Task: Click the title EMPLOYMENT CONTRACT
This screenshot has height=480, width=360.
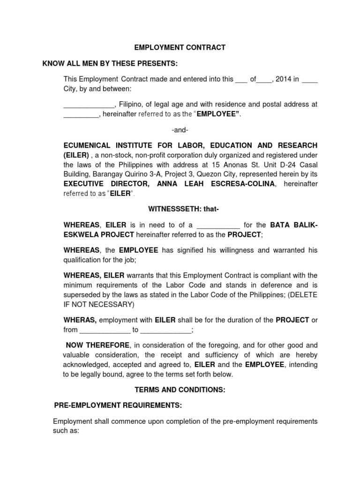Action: [180, 47]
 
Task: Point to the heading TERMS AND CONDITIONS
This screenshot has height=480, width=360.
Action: [180, 390]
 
